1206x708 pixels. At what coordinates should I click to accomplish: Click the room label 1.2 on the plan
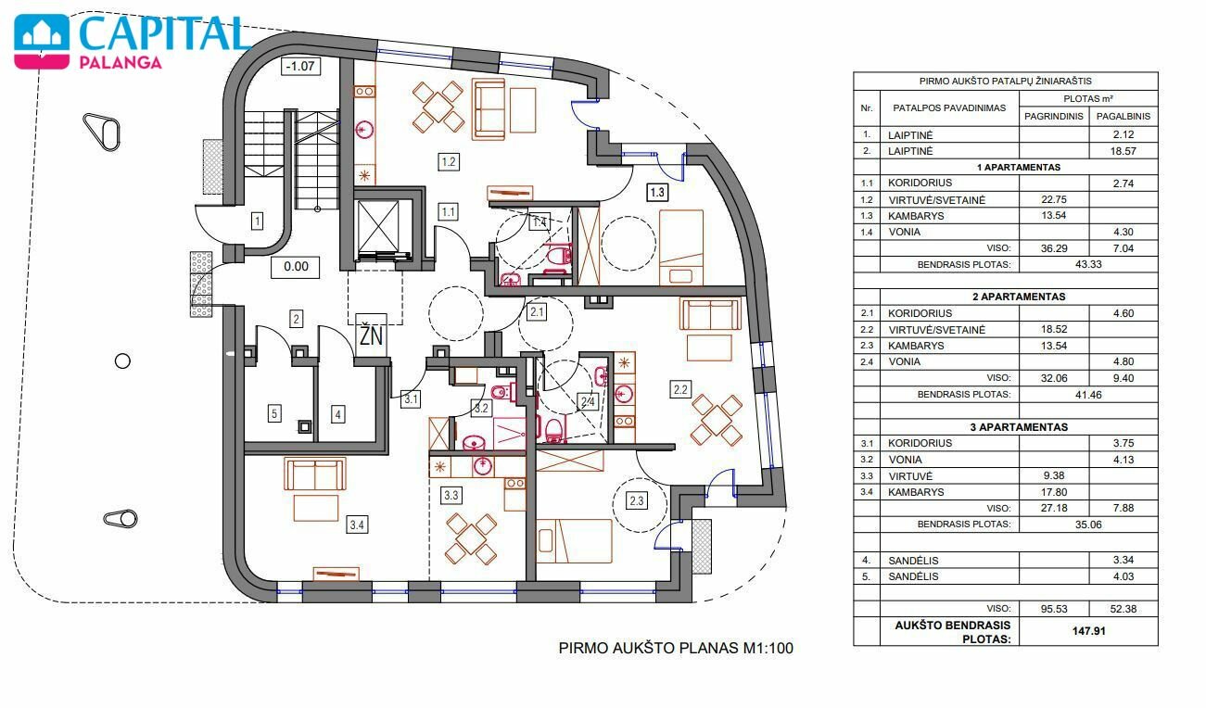(449, 161)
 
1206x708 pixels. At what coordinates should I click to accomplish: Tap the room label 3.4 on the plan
(357, 525)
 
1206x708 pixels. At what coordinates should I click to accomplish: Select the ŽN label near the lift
(371, 335)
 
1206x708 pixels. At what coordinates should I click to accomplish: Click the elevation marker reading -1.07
(300, 66)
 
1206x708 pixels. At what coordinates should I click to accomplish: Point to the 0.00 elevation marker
(296, 267)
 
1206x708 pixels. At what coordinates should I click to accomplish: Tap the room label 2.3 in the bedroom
(637, 500)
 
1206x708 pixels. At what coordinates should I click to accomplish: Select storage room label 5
(274, 413)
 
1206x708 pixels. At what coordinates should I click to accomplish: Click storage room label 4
(338, 414)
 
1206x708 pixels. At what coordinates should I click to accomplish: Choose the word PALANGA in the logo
(121, 62)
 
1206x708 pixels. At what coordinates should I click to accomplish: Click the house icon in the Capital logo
(42, 42)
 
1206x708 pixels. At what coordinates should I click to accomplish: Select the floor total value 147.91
(1088, 630)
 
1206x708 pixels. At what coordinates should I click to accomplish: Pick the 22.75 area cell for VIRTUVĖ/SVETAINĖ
(1054, 199)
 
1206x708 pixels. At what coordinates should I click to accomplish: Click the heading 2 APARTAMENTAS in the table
(1019, 297)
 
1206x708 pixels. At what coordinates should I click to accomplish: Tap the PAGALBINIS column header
(1123, 116)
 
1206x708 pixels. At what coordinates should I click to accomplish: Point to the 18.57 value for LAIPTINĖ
(1123, 151)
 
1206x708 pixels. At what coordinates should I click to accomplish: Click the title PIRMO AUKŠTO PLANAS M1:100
(676, 648)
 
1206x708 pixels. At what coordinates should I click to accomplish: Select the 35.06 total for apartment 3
(1088, 525)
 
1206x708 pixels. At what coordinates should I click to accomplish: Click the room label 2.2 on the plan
(680, 389)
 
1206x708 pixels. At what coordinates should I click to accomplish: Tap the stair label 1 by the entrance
(258, 221)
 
